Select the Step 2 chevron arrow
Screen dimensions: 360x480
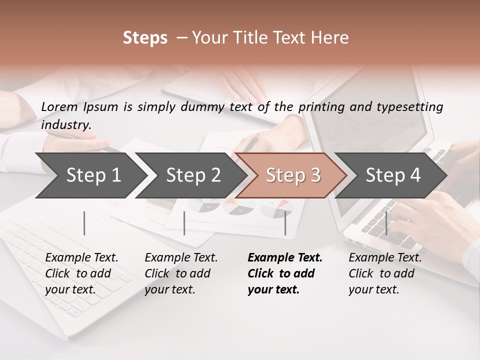pos(192,175)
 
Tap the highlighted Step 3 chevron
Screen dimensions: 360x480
pos(293,175)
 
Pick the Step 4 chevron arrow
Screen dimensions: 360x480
pos(393,175)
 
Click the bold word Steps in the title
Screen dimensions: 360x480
pos(145,38)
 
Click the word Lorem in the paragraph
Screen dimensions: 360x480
pos(59,106)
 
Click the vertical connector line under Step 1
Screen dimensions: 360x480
pos(84,223)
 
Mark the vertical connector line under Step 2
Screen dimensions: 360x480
pos(184,223)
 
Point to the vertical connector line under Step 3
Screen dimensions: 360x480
pos(285,223)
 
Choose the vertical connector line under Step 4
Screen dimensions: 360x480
pos(386,223)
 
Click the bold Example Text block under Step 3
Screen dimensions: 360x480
pos(285,273)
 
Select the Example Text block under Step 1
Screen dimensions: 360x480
pos(81,273)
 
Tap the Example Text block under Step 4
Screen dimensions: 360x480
pos(385,273)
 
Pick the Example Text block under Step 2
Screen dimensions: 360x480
pos(181,273)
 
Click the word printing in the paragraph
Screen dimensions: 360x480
pos(321,106)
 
